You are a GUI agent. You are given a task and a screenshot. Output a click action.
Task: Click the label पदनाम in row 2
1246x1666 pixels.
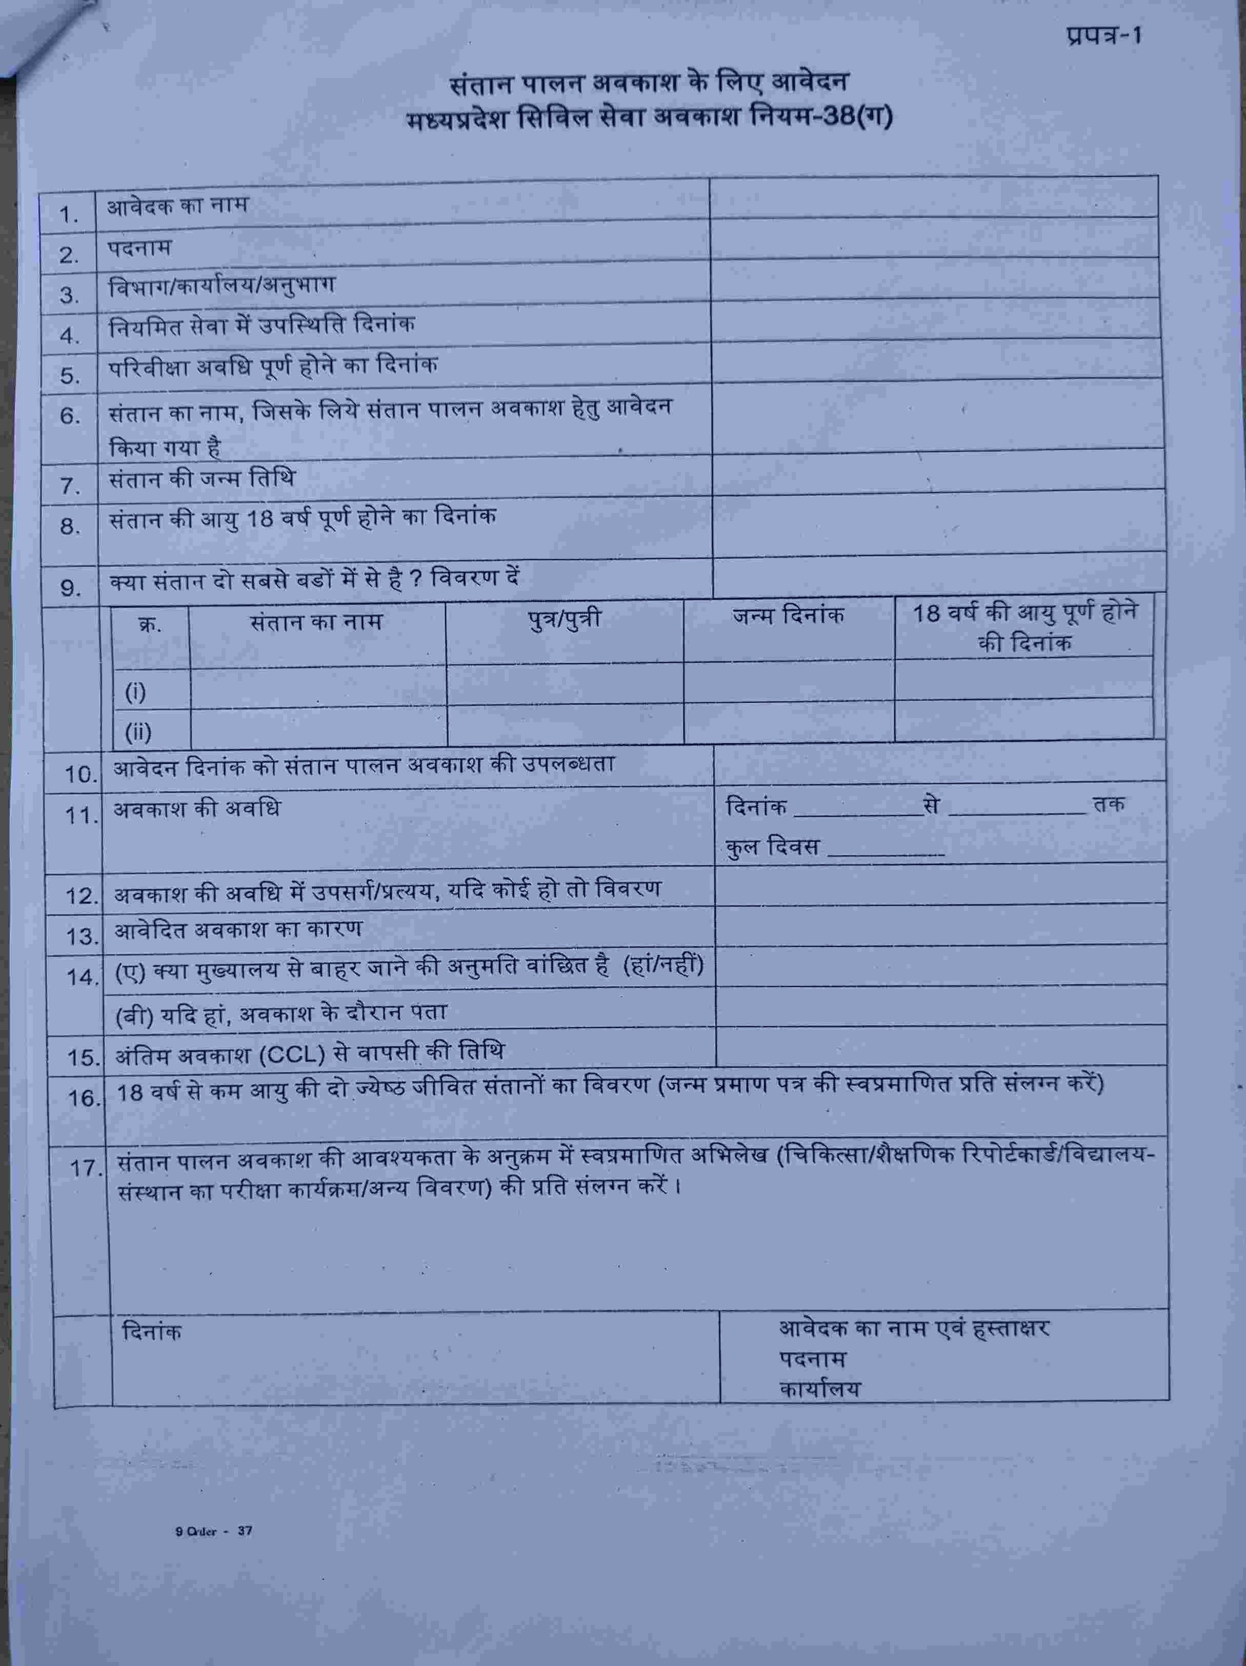[140, 247]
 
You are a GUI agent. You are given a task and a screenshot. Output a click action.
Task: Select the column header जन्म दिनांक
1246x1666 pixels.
[788, 616]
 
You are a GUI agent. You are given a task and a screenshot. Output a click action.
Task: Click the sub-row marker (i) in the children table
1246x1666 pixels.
[135, 691]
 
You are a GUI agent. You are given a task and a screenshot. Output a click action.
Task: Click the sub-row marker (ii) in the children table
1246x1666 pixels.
[138, 731]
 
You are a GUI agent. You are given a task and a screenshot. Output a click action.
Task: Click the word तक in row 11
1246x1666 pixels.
[1109, 803]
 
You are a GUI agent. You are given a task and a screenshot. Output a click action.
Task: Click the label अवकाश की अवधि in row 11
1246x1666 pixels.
[196, 809]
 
